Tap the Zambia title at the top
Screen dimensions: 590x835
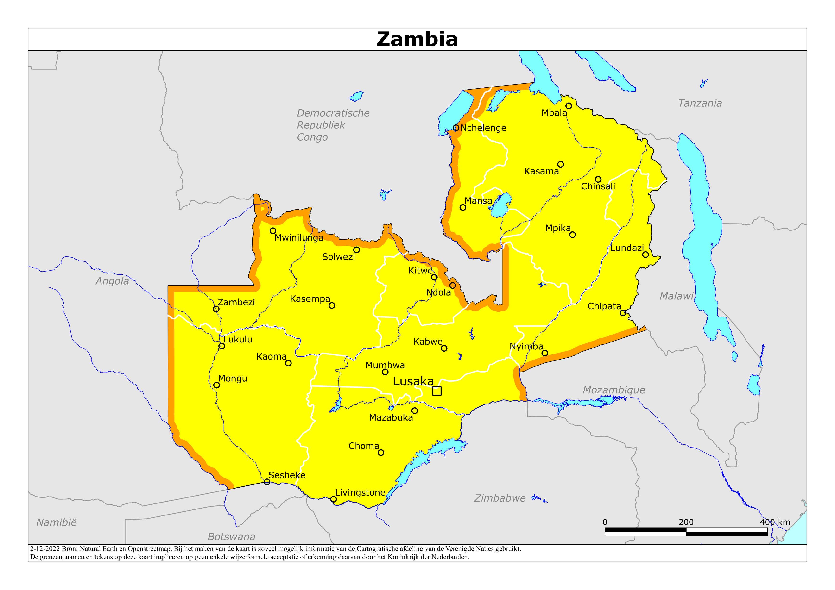click(x=417, y=39)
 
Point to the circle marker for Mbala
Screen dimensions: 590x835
click(x=569, y=106)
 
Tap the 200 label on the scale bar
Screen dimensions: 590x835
click(x=686, y=522)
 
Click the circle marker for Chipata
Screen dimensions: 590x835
click(x=623, y=313)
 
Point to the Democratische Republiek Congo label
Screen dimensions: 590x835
click(x=333, y=125)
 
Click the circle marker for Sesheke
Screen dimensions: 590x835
click(x=267, y=482)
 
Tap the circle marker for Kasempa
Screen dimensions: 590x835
click(x=332, y=306)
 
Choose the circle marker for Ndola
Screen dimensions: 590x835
click(x=452, y=285)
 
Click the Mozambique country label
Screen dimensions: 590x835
click(x=614, y=390)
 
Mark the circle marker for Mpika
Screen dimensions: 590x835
click(x=572, y=235)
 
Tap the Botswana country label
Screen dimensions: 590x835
click(x=231, y=537)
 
